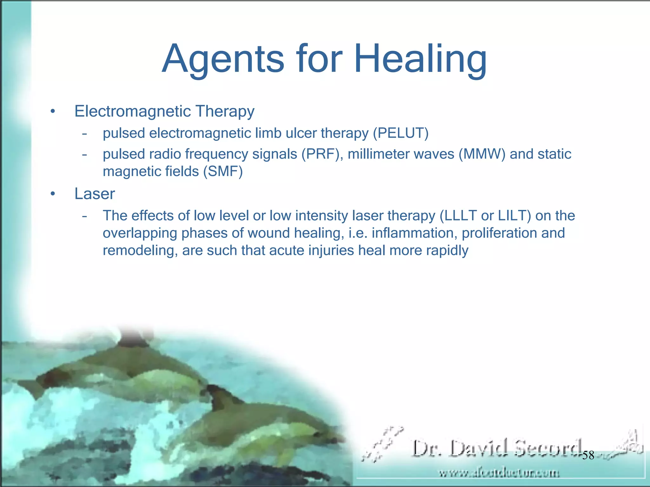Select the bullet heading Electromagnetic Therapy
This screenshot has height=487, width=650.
[x=164, y=111]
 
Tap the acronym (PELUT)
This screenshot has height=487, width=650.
[x=401, y=133]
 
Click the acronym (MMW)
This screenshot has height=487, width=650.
[x=482, y=154]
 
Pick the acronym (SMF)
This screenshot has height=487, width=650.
[x=223, y=172]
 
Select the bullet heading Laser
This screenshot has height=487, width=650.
[x=95, y=194]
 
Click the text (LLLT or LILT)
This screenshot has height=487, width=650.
[x=485, y=216]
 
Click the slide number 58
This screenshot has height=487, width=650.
[x=588, y=455]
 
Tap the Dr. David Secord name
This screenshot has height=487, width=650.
[x=497, y=448]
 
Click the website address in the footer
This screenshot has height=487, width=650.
[x=499, y=473]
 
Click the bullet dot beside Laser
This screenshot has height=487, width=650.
[x=53, y=194]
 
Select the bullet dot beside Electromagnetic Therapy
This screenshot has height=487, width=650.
[x=53, y=112]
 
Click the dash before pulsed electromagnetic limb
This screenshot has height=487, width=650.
[x=84, y=134]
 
